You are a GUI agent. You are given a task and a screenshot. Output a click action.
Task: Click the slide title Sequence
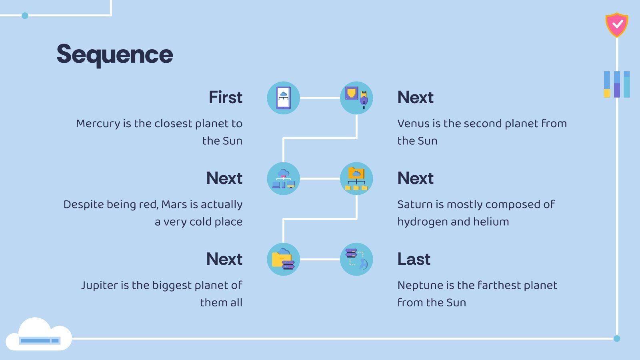(x=115, y=54)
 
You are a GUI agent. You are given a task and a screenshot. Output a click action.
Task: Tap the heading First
(x=226, y=98)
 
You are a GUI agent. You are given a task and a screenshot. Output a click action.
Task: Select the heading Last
(x=414, y=259)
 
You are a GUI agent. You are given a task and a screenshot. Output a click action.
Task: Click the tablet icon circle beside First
(x=284, y=98)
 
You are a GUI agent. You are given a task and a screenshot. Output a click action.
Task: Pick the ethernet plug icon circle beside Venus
(x=356, y=98)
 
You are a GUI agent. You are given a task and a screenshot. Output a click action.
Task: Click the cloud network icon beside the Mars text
(x=284, y=178)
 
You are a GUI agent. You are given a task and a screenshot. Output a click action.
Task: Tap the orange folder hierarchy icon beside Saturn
(x=356, y=178)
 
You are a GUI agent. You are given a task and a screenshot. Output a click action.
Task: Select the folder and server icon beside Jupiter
(x=284, y=259)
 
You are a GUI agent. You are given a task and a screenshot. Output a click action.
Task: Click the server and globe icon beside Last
(x=356, y=259)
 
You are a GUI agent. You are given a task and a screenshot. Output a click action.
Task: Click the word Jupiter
(x=100, y=286)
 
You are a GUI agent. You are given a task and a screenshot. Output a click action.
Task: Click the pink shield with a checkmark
(x=616, y=25)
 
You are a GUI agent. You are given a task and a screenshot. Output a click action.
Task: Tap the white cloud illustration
(x=39, y=334)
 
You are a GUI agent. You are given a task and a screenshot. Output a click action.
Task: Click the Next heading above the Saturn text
(x=416, y=178)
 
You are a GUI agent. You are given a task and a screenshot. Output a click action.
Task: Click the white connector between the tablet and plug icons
(x=320, y=98)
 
